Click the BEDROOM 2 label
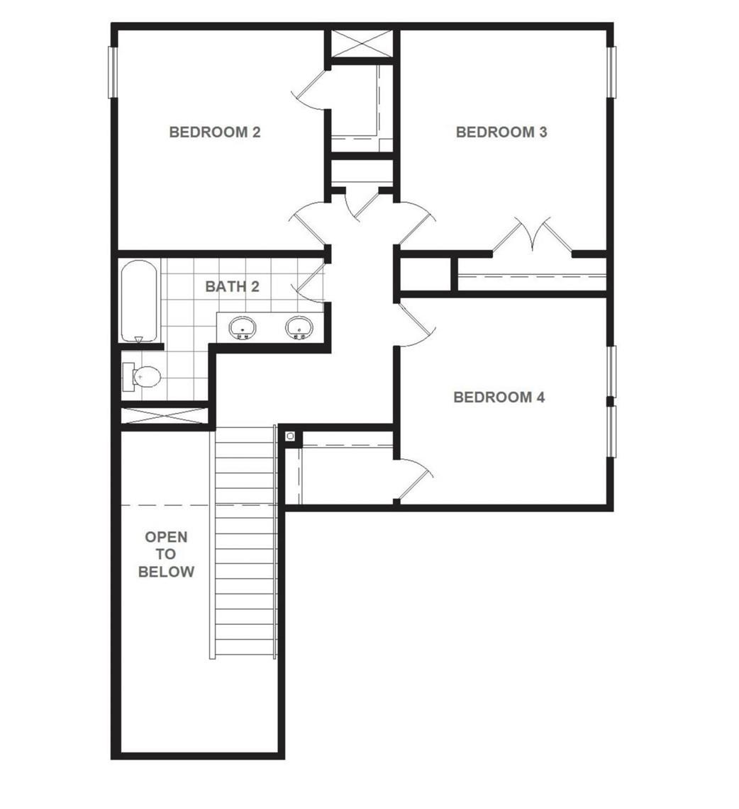[214, 132]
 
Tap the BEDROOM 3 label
[501, 132]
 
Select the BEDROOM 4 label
[499, 397]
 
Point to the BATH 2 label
[232, 286]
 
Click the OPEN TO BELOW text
[166, 554]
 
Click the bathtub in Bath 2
[138, 301]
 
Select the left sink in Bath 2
[243, 327]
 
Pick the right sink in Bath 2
[299, 327]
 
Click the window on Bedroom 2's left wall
[112, 72]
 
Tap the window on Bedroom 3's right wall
[611, 72]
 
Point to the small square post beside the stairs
[290, 436]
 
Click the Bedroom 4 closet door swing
[413, 478]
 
